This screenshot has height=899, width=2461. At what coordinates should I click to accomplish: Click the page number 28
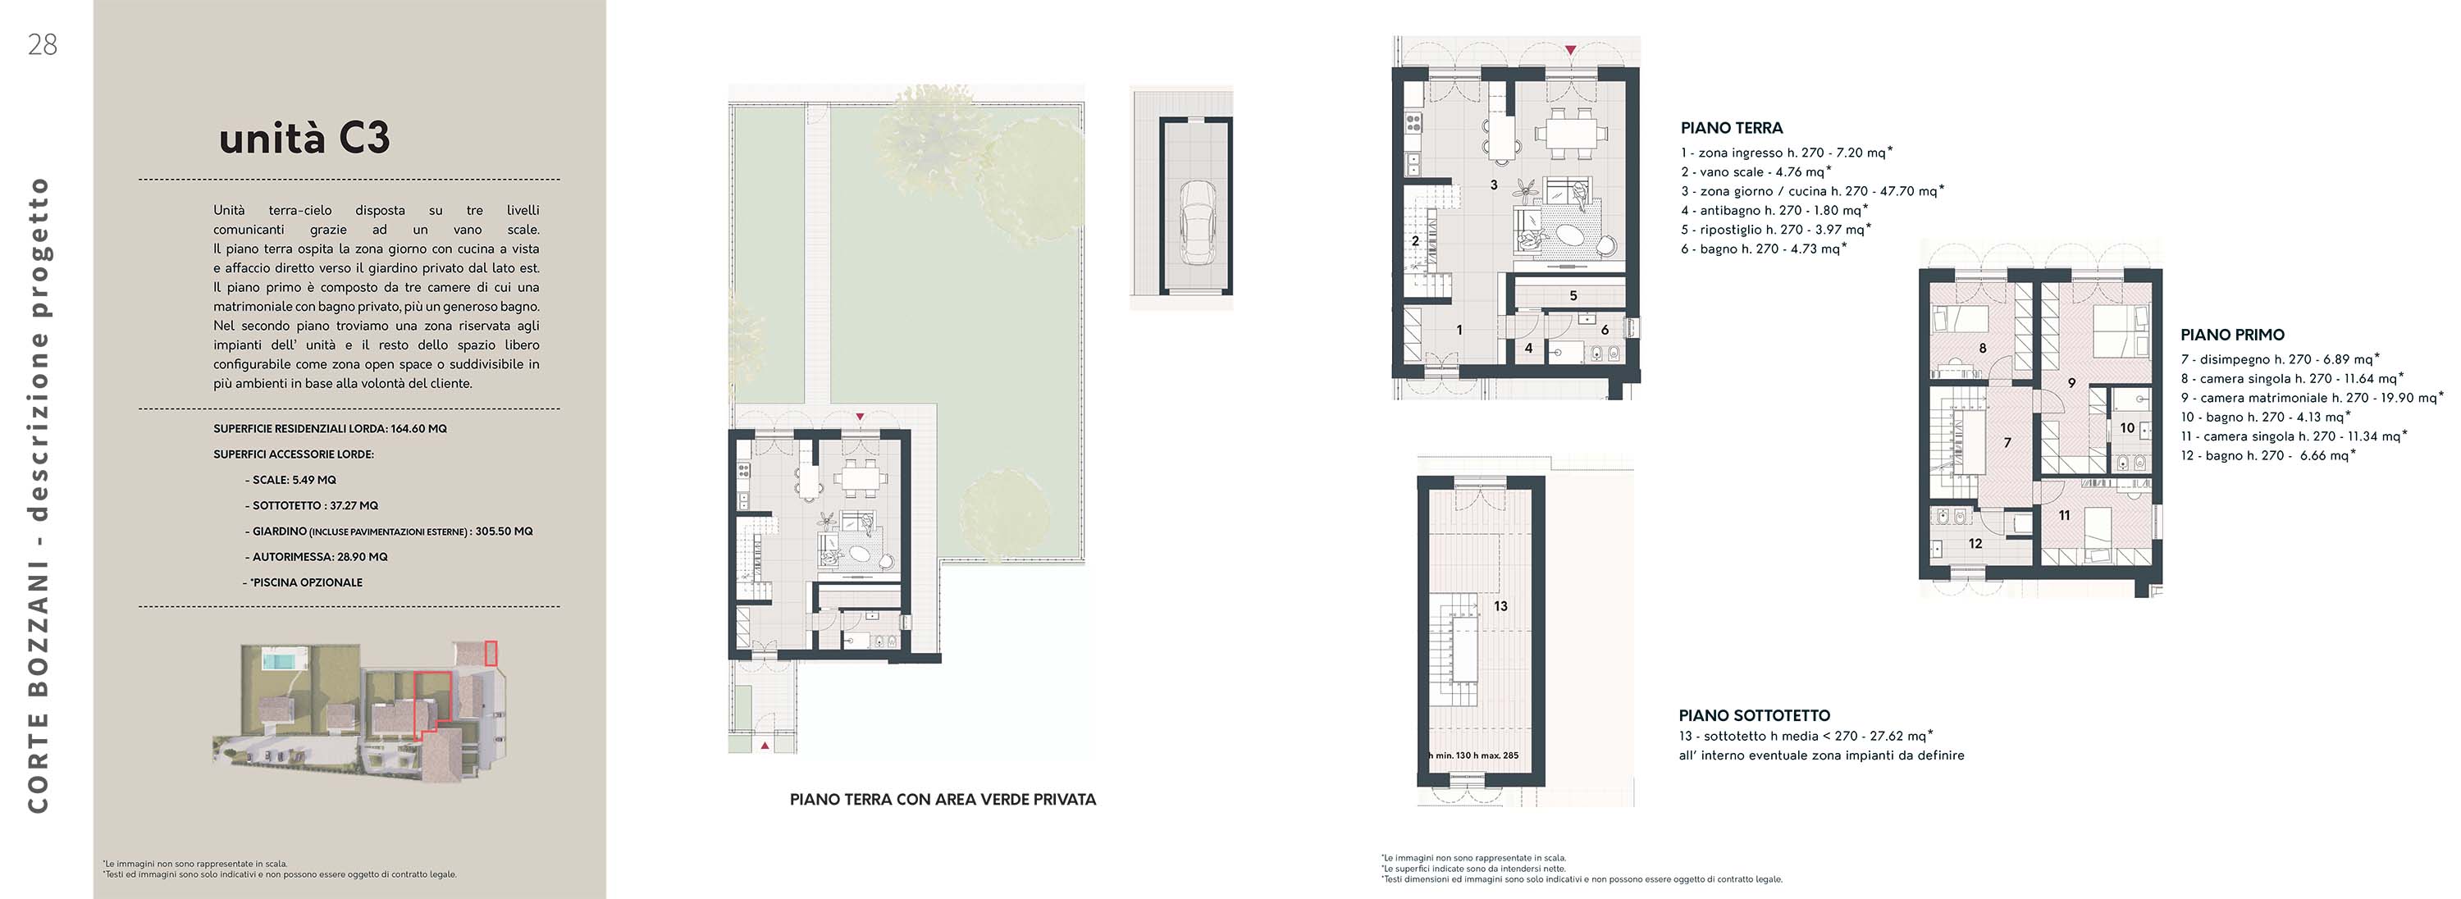(43, 45)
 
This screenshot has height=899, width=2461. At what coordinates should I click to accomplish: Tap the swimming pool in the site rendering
(278, 660)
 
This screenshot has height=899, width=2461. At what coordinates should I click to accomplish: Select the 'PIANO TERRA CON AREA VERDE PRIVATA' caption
(943, 800)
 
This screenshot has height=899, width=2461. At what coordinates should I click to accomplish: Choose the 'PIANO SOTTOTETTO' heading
(1754, 715)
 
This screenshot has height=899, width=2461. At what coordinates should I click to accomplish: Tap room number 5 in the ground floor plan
(1573, 296)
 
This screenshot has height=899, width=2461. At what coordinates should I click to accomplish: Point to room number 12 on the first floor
(1975, 544)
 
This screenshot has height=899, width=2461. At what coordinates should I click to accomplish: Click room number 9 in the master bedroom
(2071, 383)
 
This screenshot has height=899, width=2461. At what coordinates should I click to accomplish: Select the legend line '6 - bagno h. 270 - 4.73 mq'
(1764, 249)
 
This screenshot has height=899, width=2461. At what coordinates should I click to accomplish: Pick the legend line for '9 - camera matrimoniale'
(2312, 398)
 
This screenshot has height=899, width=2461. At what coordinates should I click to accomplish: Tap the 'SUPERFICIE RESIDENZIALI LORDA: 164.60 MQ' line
(330, 429)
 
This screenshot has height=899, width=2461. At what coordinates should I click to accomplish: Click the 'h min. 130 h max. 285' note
(1473, 755)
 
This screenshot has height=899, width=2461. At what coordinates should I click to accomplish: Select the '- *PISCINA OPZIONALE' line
(303, 582)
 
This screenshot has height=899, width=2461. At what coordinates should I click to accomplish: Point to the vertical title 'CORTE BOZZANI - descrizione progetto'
(39, 495)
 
